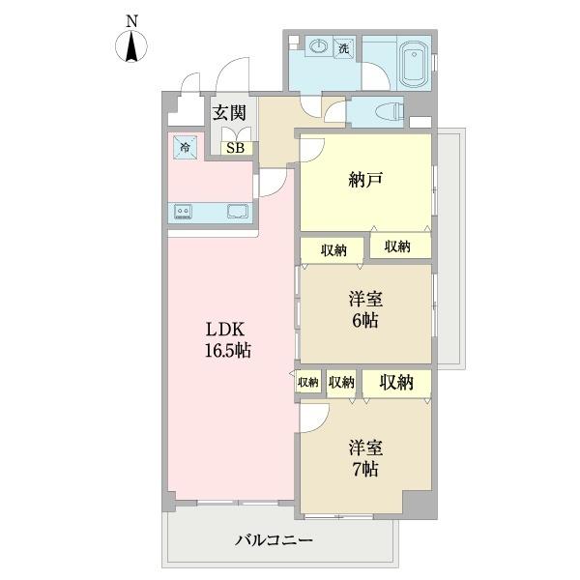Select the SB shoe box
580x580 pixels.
(x=234, y=148)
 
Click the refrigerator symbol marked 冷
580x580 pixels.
(x=183, y=148)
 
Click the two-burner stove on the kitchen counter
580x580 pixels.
(x=184, y=212)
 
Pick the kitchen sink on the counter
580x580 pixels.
(x=236, y=212)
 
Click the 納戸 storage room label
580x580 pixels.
(x=364, y=179)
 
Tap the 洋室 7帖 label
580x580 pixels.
(x=364, y=458)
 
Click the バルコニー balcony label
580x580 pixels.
(x=274, y=540)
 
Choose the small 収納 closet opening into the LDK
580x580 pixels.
(x=308, y=382)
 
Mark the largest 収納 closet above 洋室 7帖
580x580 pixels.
(x=396, y=382)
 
